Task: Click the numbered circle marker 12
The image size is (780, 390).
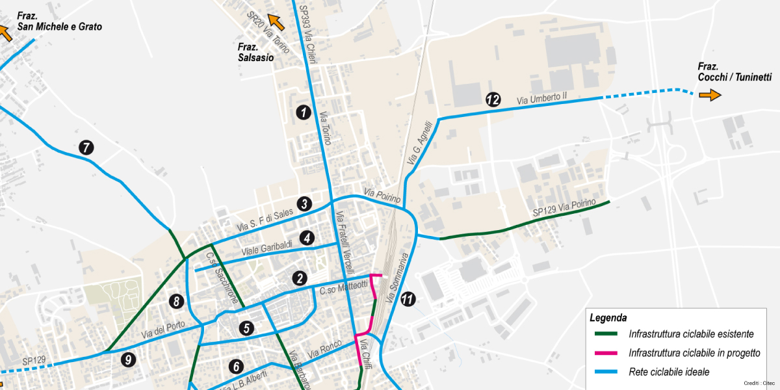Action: pos(493,99)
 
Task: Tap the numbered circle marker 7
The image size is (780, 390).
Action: pos(86,148)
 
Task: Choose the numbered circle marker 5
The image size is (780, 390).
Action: pos(246,328)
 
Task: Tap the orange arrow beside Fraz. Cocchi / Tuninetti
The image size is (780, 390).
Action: pos(710,95)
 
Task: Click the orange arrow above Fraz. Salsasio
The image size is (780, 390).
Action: pos(276,23)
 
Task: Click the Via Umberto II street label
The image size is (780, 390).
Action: pos(542,98)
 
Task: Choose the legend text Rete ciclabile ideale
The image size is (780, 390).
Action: pos(669,372)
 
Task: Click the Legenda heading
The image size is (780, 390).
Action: pos(608,318)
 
